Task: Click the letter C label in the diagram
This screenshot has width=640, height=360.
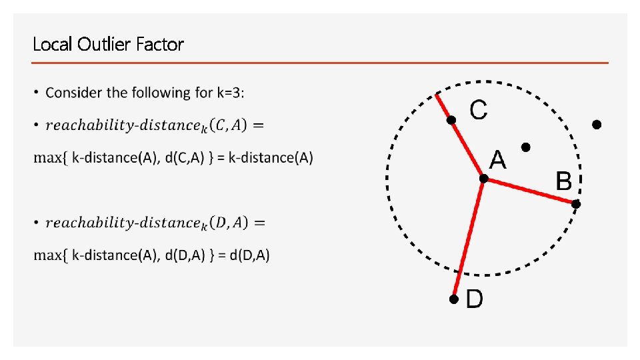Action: click(x=478, y=110)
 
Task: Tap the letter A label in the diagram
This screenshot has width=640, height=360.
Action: click(x=497, y=160)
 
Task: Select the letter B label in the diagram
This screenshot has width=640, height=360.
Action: click(x=563, y=181)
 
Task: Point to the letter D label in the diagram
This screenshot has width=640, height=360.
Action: click(x=474, y=299)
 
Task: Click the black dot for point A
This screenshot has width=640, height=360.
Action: click(x=483, y=179)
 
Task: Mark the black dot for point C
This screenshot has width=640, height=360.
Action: click(x=451, y=120)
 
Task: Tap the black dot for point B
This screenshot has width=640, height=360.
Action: click(x=577, y=204)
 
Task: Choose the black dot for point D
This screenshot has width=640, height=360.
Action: click(x=453, y=300)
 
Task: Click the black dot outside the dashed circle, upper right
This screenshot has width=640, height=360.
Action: click(x=597, y=125)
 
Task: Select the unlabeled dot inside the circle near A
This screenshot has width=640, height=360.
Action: click(x=525, y=147)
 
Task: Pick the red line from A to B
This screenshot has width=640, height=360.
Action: click(x=530, y=191)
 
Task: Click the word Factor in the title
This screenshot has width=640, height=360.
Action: click(x=159, y=45)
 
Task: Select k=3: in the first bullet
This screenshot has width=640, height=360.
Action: click(x=231, y=93)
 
